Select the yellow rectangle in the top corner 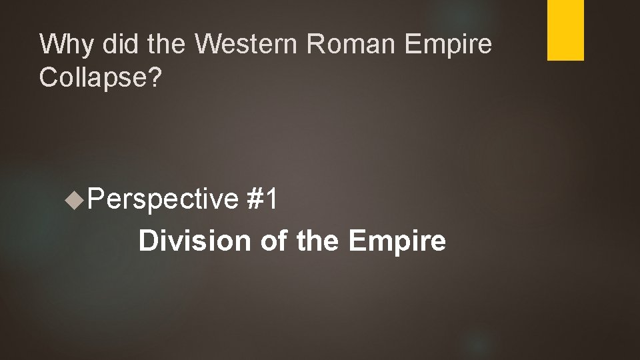565,30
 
